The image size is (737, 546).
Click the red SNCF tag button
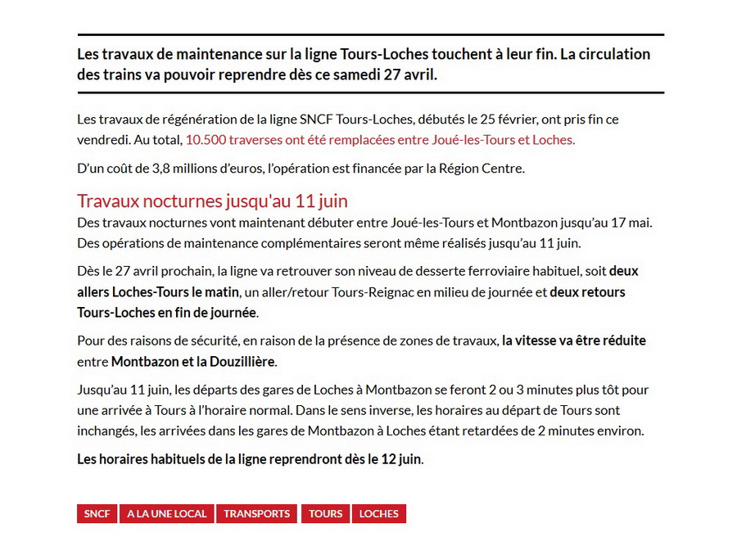[x=97, y=514]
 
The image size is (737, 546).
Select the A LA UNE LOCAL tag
[x=167, y=514]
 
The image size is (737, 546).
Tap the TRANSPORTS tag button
[x=257, y=514]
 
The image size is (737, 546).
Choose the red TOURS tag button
[x=326, y=514]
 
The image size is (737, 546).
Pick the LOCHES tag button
[x=379, y=514]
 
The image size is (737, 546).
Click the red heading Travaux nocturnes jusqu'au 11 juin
[x=213, y=201]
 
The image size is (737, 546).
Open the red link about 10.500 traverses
[x=380, y=140]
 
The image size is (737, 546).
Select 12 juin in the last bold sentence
[x=401, y=459]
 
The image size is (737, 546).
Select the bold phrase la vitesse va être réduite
[x=574, y=341]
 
